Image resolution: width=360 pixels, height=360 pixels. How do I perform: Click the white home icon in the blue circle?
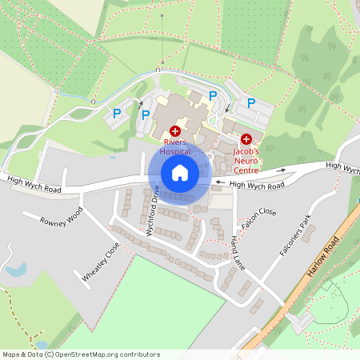(180, 173)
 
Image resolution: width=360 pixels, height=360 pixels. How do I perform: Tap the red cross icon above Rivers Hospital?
(175, 130)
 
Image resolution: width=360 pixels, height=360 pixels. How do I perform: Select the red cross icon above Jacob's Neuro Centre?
(246, 139)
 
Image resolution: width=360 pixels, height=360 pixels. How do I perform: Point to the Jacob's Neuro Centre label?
(246, 159)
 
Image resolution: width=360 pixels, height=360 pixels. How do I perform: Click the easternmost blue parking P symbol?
(251, 102)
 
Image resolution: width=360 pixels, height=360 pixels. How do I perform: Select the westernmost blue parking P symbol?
(117, 114)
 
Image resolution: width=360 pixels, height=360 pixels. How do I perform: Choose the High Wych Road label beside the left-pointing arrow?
(257, 185)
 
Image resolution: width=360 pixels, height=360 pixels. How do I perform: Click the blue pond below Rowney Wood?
(16, 270)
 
